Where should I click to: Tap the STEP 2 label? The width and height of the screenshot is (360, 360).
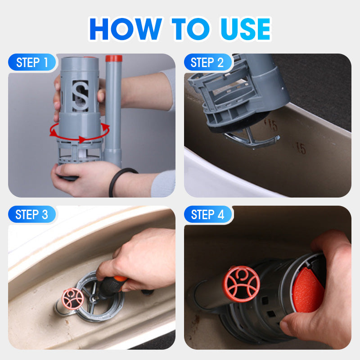(x=207, y=63)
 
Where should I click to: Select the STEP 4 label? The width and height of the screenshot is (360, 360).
(x=207, y=215)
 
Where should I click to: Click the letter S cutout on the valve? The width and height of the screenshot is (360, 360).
(x=81, y=95)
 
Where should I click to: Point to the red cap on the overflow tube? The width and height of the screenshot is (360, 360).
(x=113, y=58)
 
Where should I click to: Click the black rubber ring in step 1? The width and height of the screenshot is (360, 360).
(x=118, y=182)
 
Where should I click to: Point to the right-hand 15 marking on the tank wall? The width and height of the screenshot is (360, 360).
(x=301, y=148)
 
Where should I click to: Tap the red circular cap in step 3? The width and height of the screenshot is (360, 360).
(x=73, y=297)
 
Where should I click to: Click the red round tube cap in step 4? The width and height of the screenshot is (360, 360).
(x=242, y=284)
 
